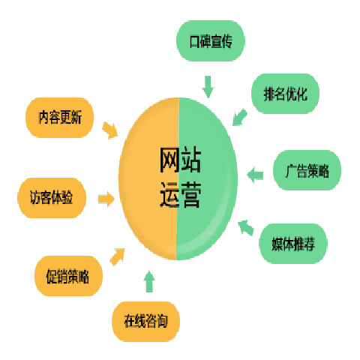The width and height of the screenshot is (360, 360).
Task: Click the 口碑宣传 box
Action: click(211, 40)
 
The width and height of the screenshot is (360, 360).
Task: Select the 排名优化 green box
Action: click(285, 94)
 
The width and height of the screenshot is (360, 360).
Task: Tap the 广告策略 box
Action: click(307, 170)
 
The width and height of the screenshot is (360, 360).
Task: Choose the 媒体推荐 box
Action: click(293, 244)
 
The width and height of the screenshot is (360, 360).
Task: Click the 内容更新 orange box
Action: click(60, 118)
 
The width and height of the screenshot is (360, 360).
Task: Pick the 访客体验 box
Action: click(52, 198)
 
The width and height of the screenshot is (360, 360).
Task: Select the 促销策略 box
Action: click(68, 276)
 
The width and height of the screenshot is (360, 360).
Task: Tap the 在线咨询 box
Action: click(145, 322)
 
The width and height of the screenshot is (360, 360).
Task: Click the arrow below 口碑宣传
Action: click(208, 87)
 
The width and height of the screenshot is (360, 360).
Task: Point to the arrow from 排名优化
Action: click(239, 117)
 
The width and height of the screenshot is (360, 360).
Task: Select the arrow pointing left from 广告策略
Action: click(255, 175)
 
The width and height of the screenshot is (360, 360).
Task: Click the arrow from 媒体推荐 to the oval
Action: click(246, 228)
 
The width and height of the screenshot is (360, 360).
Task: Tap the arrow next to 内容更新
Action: click(110, 130)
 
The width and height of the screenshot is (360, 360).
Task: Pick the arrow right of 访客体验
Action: click(106, 199)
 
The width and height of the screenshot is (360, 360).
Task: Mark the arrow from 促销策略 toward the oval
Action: click(117, 256)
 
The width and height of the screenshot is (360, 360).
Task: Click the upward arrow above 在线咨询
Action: click(149, 281)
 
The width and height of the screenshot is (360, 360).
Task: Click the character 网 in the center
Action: click(169, 160)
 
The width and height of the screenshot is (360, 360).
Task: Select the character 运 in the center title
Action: click(169, 195)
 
